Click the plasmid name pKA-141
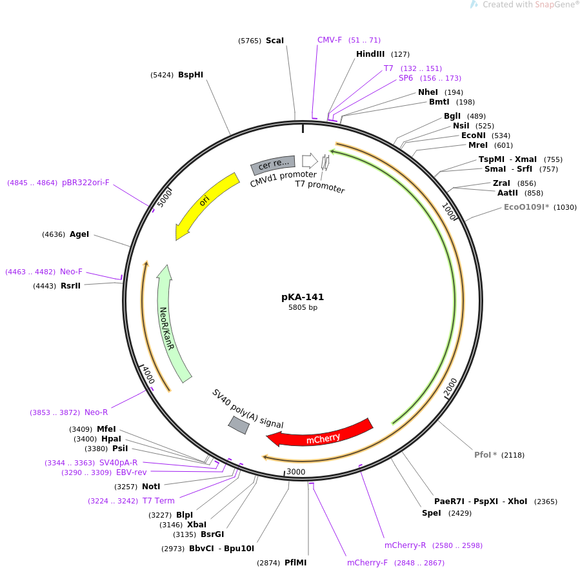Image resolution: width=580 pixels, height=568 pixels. pyautogui.click(x=303, y=297)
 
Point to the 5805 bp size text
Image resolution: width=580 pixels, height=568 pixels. pyautogui.click(x=303, y=308)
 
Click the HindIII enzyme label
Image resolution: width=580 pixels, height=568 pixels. pyautogui.click(x=370, y=54)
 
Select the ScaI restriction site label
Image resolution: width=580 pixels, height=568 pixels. pyautogui.click(x=275, y=41)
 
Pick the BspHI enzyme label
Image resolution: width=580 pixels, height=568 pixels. pyautogui.click(x=191, y=75)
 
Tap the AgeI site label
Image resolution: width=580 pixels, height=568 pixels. pyautogui.click(x=79, y=234)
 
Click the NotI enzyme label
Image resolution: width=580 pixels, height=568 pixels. pyautogui.click(x=151, y=486)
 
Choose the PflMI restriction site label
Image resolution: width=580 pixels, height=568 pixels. pyautogui.click(x=295, y=563)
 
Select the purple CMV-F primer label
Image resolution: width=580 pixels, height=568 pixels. pyautogui.click(x=330, y=40)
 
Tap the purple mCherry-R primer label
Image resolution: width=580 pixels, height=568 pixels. pyautogui.click(x=405, y=545)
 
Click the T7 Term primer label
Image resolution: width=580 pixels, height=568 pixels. pyautogui.click(x=159, y=501)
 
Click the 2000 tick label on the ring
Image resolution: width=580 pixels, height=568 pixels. pyautogui.click(x=450, y=385)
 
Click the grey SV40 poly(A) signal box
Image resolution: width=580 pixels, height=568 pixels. pyautogui.click(x=239, y=425)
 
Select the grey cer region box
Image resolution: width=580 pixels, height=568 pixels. pyautogui.click(x=273, y=165)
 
